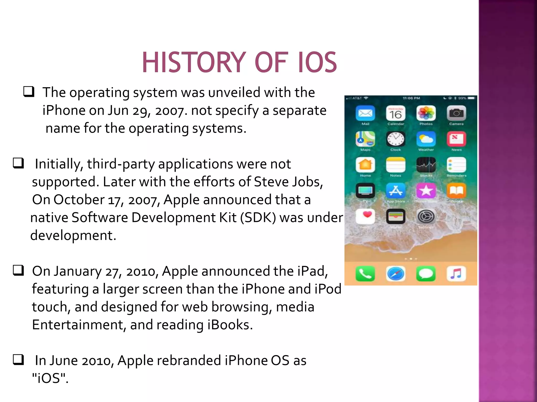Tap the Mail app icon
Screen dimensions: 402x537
click(x=365, y=113)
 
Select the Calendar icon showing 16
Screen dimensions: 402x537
click(x=396, y=113)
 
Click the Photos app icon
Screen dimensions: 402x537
click(x=426, y=113)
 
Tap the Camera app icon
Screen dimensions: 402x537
click(x=457, y=113)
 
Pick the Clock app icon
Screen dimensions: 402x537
click(x=396, y=139)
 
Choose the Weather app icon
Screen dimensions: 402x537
click(x=426, y=139)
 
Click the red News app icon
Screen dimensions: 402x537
click(x=457, y=139)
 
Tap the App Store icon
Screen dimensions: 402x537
click(x=396, y=191)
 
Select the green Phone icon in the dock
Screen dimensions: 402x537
click(x=365, y=274)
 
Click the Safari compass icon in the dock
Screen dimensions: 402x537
click(x=396, y=274)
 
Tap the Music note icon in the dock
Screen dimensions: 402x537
click(x=457, y=274)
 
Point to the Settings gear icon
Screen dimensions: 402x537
click(x=426, y=216)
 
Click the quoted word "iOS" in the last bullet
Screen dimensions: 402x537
click(x=50, y=378)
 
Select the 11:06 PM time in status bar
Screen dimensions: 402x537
click(x=411, y=98)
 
